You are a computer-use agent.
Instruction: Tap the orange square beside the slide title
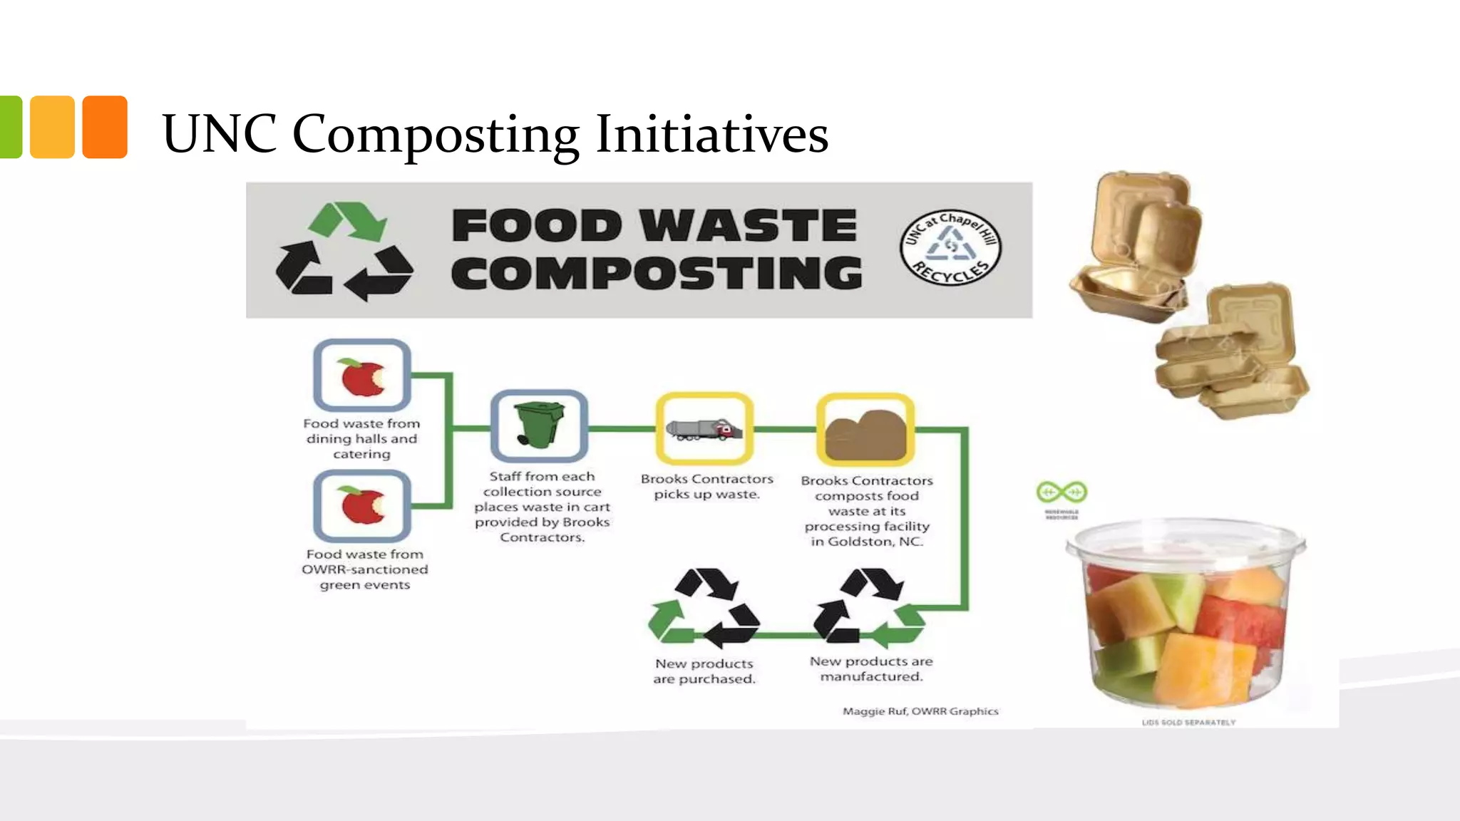[105, 127]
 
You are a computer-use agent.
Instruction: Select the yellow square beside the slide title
[52, 127]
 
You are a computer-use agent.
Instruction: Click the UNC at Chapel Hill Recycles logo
[950, 247]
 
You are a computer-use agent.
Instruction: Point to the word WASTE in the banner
[749, 226]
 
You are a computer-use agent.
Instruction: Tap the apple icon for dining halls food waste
[362, 376]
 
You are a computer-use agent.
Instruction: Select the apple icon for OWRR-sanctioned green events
[362, 505]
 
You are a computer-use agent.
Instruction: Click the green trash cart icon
[539, 425]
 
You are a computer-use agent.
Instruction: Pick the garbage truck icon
[704, 429]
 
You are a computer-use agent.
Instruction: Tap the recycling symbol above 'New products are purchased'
[704, 606]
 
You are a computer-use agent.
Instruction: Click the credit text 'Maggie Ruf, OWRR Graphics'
[920, 711]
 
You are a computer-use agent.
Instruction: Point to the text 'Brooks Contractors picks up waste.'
[706, 487]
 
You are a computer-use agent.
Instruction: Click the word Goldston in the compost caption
[860, 542]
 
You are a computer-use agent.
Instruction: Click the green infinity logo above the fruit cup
[1061, 492]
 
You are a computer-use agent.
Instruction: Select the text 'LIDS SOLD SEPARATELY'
[1188, 723]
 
